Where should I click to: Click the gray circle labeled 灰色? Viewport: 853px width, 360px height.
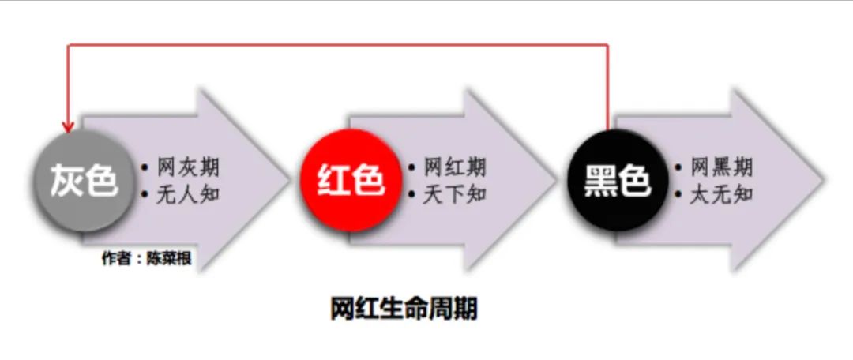pyautogui.click(x=83, y=181)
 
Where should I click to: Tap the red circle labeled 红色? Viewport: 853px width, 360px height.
pyautogui.click(x=351, y=181)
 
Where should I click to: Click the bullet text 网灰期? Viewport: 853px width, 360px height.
pyautogui.click(x=188, y=167)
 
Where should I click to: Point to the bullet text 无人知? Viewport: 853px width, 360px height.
pyautogui.click(x=188, y=193)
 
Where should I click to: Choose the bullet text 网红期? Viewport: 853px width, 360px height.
pyautogui.click(x=455, y=167)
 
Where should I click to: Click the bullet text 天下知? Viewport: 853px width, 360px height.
pyautogui.click(x=455, y=193)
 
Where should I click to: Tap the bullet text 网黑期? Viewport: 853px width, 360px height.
pyautogui.click(x=722, y=167)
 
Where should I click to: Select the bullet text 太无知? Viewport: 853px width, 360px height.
pyautogui.click(x=722, y=193)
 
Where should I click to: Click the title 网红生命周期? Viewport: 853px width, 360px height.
pyautogui.click(x=404, y=309)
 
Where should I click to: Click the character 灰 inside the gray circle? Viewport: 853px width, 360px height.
pyautogui.click(x=66, y=181)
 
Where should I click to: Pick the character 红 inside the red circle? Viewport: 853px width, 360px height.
pyautogui.click(x=333, y=181)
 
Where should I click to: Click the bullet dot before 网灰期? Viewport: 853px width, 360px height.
pyautogui.click(x=145, y=167)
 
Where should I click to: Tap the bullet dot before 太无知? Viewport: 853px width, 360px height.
pyautogui.click(x=678, y=193)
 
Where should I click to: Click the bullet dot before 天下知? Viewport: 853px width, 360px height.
pyautogui.click(x=411, y=193)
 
